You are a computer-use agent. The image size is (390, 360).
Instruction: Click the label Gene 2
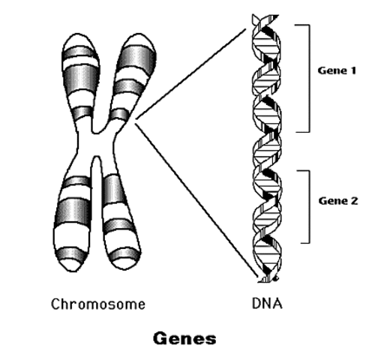pos(338,202)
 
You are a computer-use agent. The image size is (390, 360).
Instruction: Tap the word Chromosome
pos(97,304)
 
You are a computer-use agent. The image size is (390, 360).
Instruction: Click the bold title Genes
pos(184,338)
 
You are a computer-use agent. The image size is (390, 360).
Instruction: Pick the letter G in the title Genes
pos(160,338)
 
